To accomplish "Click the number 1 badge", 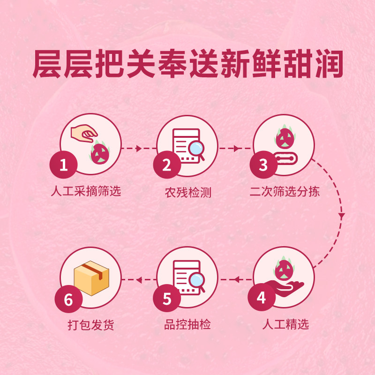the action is tap(63, 165).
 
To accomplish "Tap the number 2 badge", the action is tap(166, 165).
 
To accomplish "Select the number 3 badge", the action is tap(263, 165).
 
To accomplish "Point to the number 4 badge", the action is tap(261, 299).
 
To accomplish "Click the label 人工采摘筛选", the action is tap(85, 191).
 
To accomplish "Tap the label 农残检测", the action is tap(187, 192).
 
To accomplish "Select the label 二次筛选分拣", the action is tap(285, 192).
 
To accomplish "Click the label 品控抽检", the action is tap(187, 324).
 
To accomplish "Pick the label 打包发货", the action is tap(90, 325).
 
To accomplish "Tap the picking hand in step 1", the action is tap(82, 134).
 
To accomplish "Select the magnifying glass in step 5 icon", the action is tap(196, 281).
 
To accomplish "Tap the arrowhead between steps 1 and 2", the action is tap(139, 149).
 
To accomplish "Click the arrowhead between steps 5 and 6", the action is tap(139, 280).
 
